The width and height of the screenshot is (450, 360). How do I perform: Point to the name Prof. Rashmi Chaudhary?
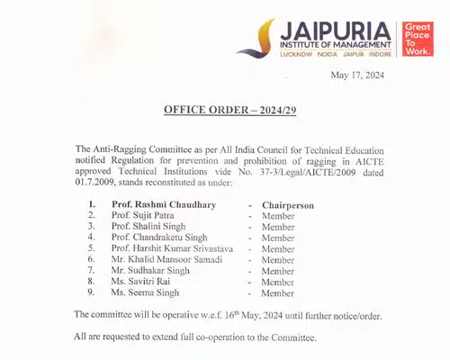(x=163, y=205)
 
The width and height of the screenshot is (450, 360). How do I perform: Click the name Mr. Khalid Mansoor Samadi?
(x=168, y=260)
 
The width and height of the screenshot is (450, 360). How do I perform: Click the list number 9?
(x=91, y=292)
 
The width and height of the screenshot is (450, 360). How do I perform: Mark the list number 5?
(x=91, y=249)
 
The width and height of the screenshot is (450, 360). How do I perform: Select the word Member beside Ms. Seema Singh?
(x=277, y=293)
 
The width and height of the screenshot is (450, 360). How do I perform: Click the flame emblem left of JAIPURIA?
(x=266, y=36)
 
